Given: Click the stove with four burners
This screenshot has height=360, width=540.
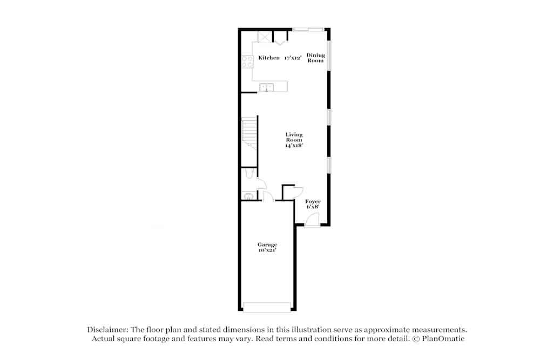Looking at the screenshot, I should click(247, 62).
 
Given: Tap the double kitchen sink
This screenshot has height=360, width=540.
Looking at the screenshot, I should click(266, 87).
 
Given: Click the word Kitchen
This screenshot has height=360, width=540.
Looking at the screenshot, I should click(269, 58).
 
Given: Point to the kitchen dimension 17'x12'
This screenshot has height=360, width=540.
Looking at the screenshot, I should click(293, 58).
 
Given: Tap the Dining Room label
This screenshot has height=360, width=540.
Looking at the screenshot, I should click(316, 58).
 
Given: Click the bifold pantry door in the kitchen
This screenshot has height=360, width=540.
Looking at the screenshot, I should click(280, 39).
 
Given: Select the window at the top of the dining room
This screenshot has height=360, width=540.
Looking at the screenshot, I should click(308, 29).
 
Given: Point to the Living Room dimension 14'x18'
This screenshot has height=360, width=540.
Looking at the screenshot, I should click(294, 145).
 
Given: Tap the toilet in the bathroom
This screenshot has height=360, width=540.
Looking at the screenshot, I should click(249, 174).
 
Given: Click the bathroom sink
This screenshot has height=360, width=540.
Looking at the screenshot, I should click(248, 196).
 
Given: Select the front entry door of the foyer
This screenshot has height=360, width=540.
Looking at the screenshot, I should click(312, 220).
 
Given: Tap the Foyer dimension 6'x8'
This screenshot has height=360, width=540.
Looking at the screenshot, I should click(313, 207).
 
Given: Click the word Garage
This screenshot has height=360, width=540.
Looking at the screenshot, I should click(267, 244).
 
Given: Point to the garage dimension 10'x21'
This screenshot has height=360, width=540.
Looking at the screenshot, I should click(267, 250).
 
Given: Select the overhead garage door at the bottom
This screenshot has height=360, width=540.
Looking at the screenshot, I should click(267, 307).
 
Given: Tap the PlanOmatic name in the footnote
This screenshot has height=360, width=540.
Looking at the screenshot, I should click(445, 338).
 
